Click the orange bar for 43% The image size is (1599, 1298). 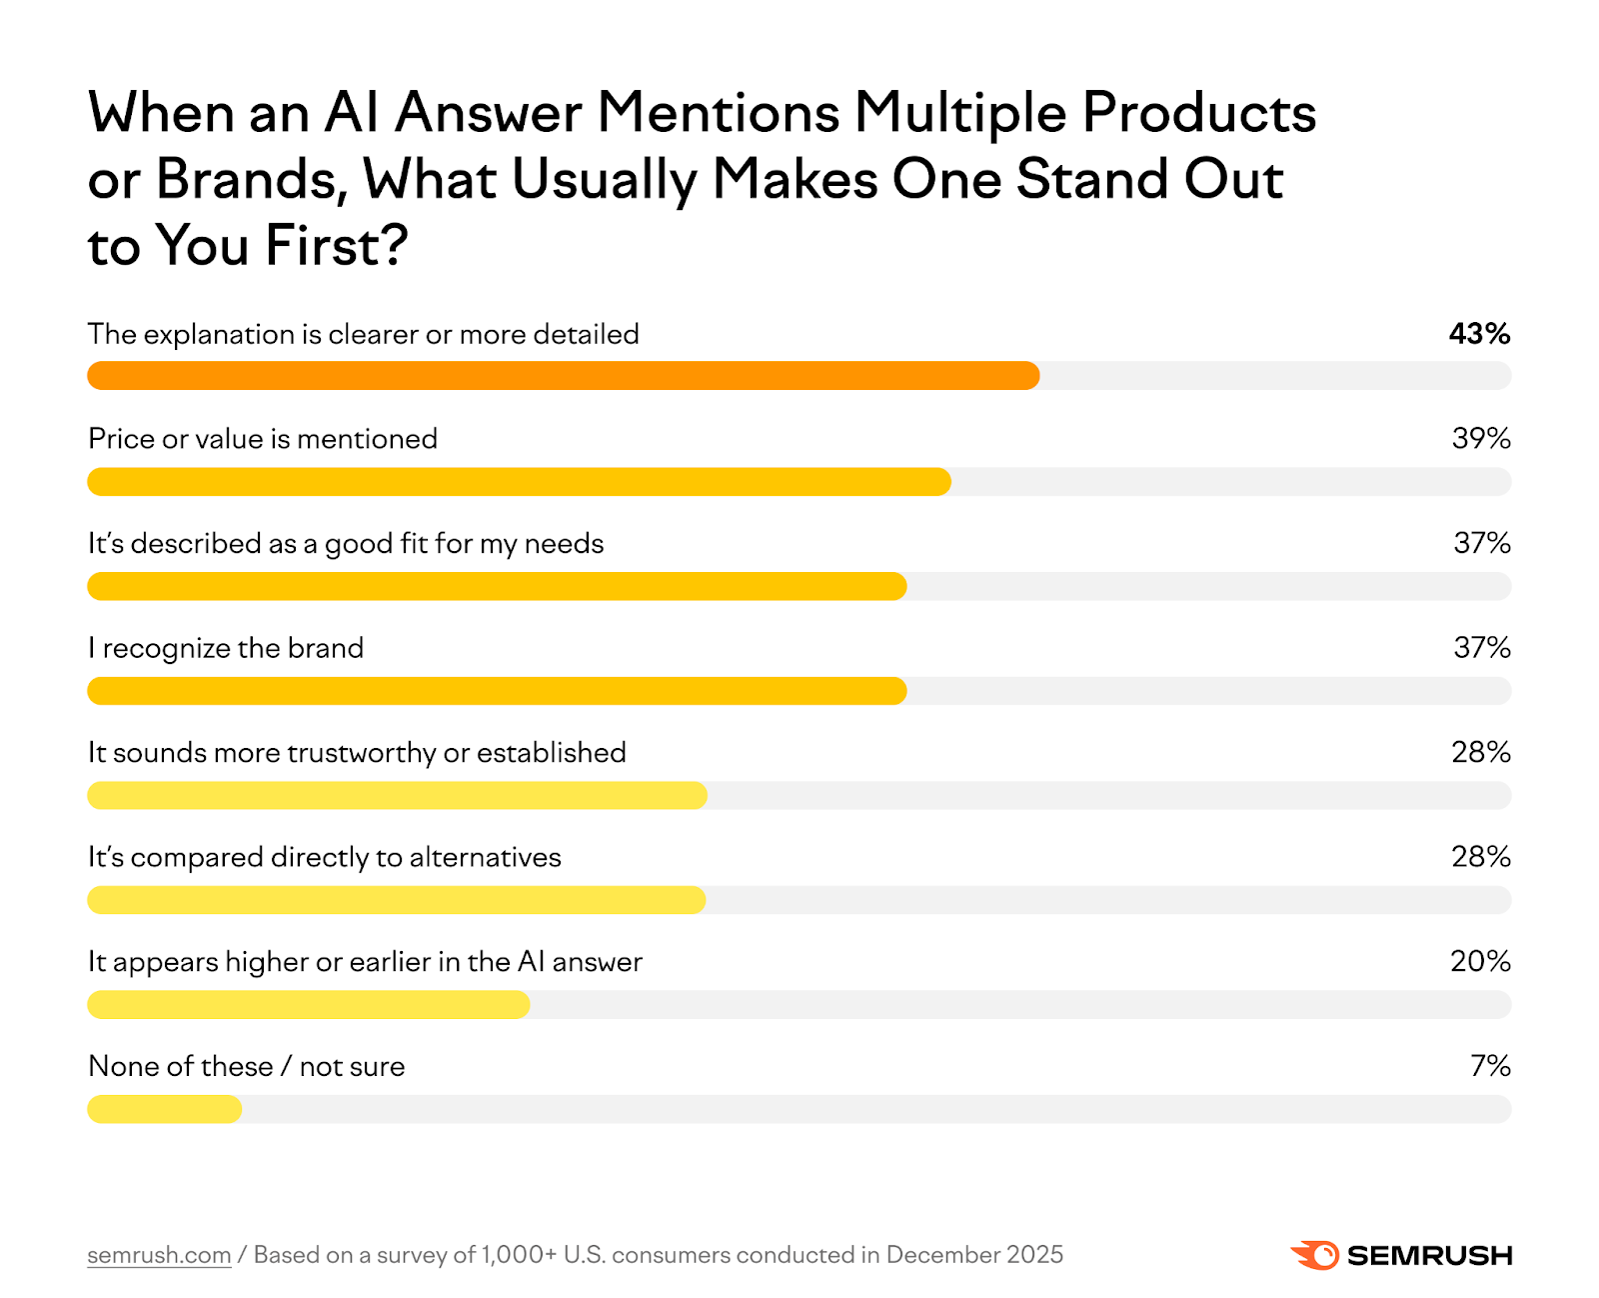click(x=563, y=376)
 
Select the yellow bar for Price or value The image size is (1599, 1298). click(x=519, y=482)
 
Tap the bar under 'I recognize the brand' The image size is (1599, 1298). click(x=497, y=691)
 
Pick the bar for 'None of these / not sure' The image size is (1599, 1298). click(x=165, y=1109)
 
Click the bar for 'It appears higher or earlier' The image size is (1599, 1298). click(x=308, y=1005)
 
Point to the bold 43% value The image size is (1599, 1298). click(x=1479, y=334)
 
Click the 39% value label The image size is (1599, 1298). click(x=1481, y=438)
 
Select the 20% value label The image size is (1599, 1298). click(x=1480, y=961)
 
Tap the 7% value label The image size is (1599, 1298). click(x=1490, y=1066)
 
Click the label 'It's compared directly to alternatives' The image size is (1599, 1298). click(x=325, y=858)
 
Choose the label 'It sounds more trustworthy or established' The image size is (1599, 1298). click(x=357, y=753)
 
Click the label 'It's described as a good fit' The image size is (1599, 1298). click(x=346, y=544)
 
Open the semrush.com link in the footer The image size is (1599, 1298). click(x=159, y=1255)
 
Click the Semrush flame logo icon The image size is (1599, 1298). click(x=1315, y=1255)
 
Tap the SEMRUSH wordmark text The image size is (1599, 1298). click(x=1429, y=1256)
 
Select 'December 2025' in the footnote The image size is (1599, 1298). click(x=974, y=1255)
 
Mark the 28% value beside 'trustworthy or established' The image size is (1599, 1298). click(x=1480, y=752)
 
